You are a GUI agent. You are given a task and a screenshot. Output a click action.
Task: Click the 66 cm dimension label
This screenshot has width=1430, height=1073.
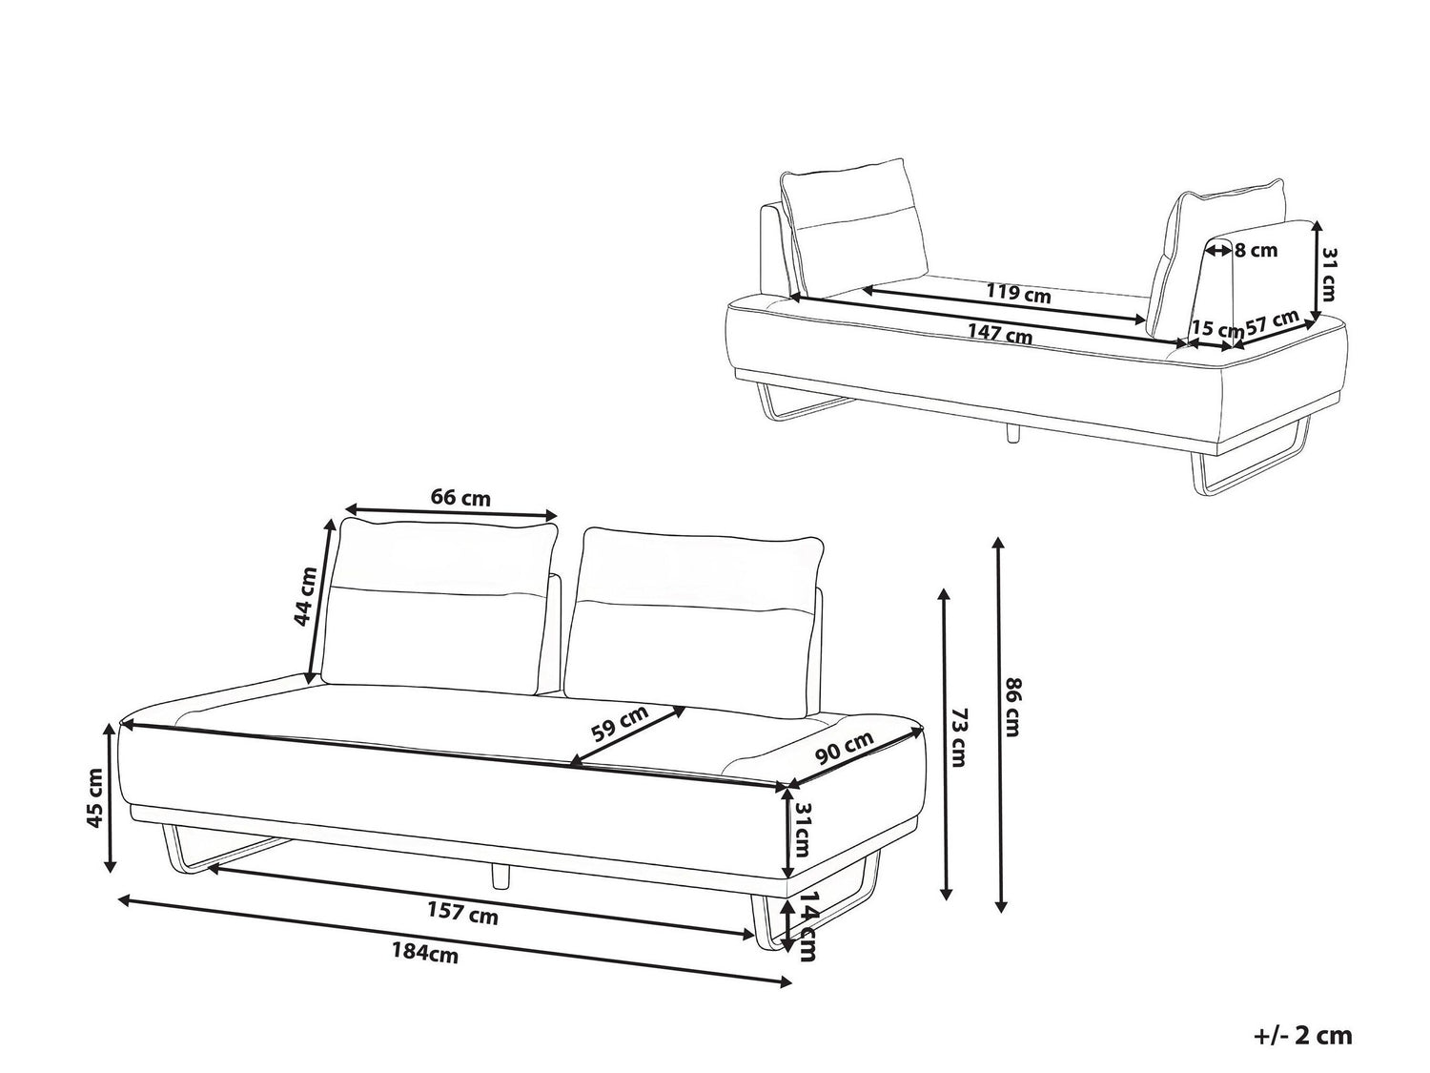tap(460, 499)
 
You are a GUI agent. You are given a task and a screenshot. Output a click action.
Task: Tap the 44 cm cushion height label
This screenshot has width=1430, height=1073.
tap(306, 597)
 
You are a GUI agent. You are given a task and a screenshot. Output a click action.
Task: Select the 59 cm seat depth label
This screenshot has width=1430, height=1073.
tap(620, 724)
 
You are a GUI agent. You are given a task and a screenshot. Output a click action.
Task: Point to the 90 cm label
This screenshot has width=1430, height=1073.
tap(844, 748)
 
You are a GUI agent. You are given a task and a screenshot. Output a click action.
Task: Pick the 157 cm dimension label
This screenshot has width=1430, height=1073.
tap(462, 912)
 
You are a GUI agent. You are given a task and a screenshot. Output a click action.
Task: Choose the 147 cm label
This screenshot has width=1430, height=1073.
tap(1000, 334)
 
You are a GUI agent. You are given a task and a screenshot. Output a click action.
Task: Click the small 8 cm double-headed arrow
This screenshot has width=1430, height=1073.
tap(1218, 249)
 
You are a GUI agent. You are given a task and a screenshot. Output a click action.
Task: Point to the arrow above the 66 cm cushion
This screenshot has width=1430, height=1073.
tap(452, 508)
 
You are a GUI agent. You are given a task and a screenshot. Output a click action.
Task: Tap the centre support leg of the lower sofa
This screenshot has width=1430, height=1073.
tap(500, 875)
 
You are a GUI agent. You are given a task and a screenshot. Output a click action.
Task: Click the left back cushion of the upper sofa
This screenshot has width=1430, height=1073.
tap(853, 229)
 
